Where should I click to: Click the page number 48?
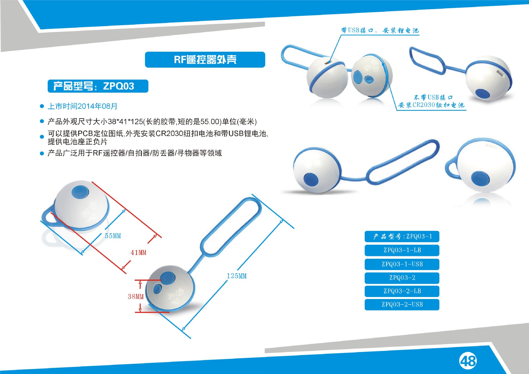coord(468,361)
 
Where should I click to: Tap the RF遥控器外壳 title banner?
coord(205,60)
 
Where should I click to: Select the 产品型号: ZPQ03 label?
coord(98,86)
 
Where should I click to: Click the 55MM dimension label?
coord(113,236)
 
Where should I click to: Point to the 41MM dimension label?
coord(138,252)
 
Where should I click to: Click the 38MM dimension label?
coord(136,296)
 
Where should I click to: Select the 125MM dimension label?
coord(237,276)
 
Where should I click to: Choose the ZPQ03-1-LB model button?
coord(402,250)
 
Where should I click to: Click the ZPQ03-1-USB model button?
coord(402,264)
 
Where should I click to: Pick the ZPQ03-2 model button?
coord(402,278)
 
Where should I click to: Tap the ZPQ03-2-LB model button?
coord(402,291)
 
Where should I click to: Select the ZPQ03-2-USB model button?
coord(402,305)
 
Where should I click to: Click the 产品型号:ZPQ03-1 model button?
coord(402,237)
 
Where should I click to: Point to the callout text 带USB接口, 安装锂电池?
coord(380,30)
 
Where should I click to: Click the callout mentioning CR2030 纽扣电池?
coord(431,101)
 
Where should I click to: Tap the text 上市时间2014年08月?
coord(83,106)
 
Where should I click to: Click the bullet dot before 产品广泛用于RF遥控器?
coord(42,153)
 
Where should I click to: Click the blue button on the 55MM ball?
coord(80,192)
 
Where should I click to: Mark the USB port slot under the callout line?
coord(327,62)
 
